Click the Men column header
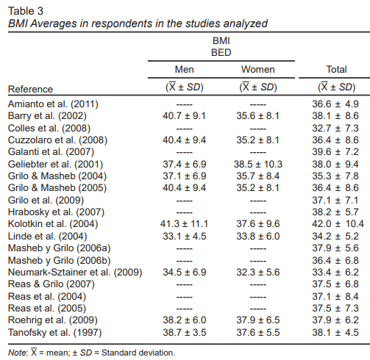coord(185,70)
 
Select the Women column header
coord(258,70)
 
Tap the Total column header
coord(336,70)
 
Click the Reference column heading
coord(30,89)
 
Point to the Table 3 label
coord(26,11)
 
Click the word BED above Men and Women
coord(221,53)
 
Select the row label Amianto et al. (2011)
coord(53,104)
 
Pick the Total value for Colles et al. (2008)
coord(335,128)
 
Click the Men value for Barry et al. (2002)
coord(184,116)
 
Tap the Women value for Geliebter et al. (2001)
coord(258,164)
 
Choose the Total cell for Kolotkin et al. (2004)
coord(338,224)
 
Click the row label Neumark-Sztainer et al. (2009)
coord(75,273)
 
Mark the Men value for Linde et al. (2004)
coord(185,237)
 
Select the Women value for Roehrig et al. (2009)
coord(258,320)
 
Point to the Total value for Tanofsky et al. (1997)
coord(335,333)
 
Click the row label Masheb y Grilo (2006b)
coord(60,260)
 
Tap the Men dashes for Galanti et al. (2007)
coord(185,152)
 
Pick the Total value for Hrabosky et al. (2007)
coord(335,212)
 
